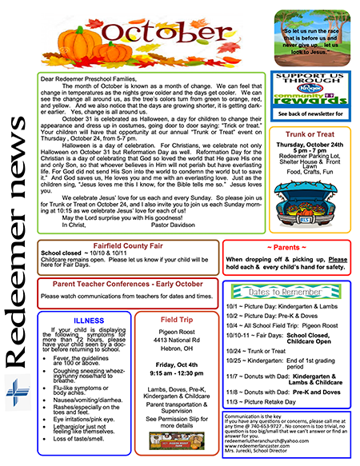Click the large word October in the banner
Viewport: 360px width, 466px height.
(164, 34)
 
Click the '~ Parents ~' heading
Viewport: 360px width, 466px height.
(289, 245)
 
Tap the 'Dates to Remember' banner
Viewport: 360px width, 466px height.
(289, 291)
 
